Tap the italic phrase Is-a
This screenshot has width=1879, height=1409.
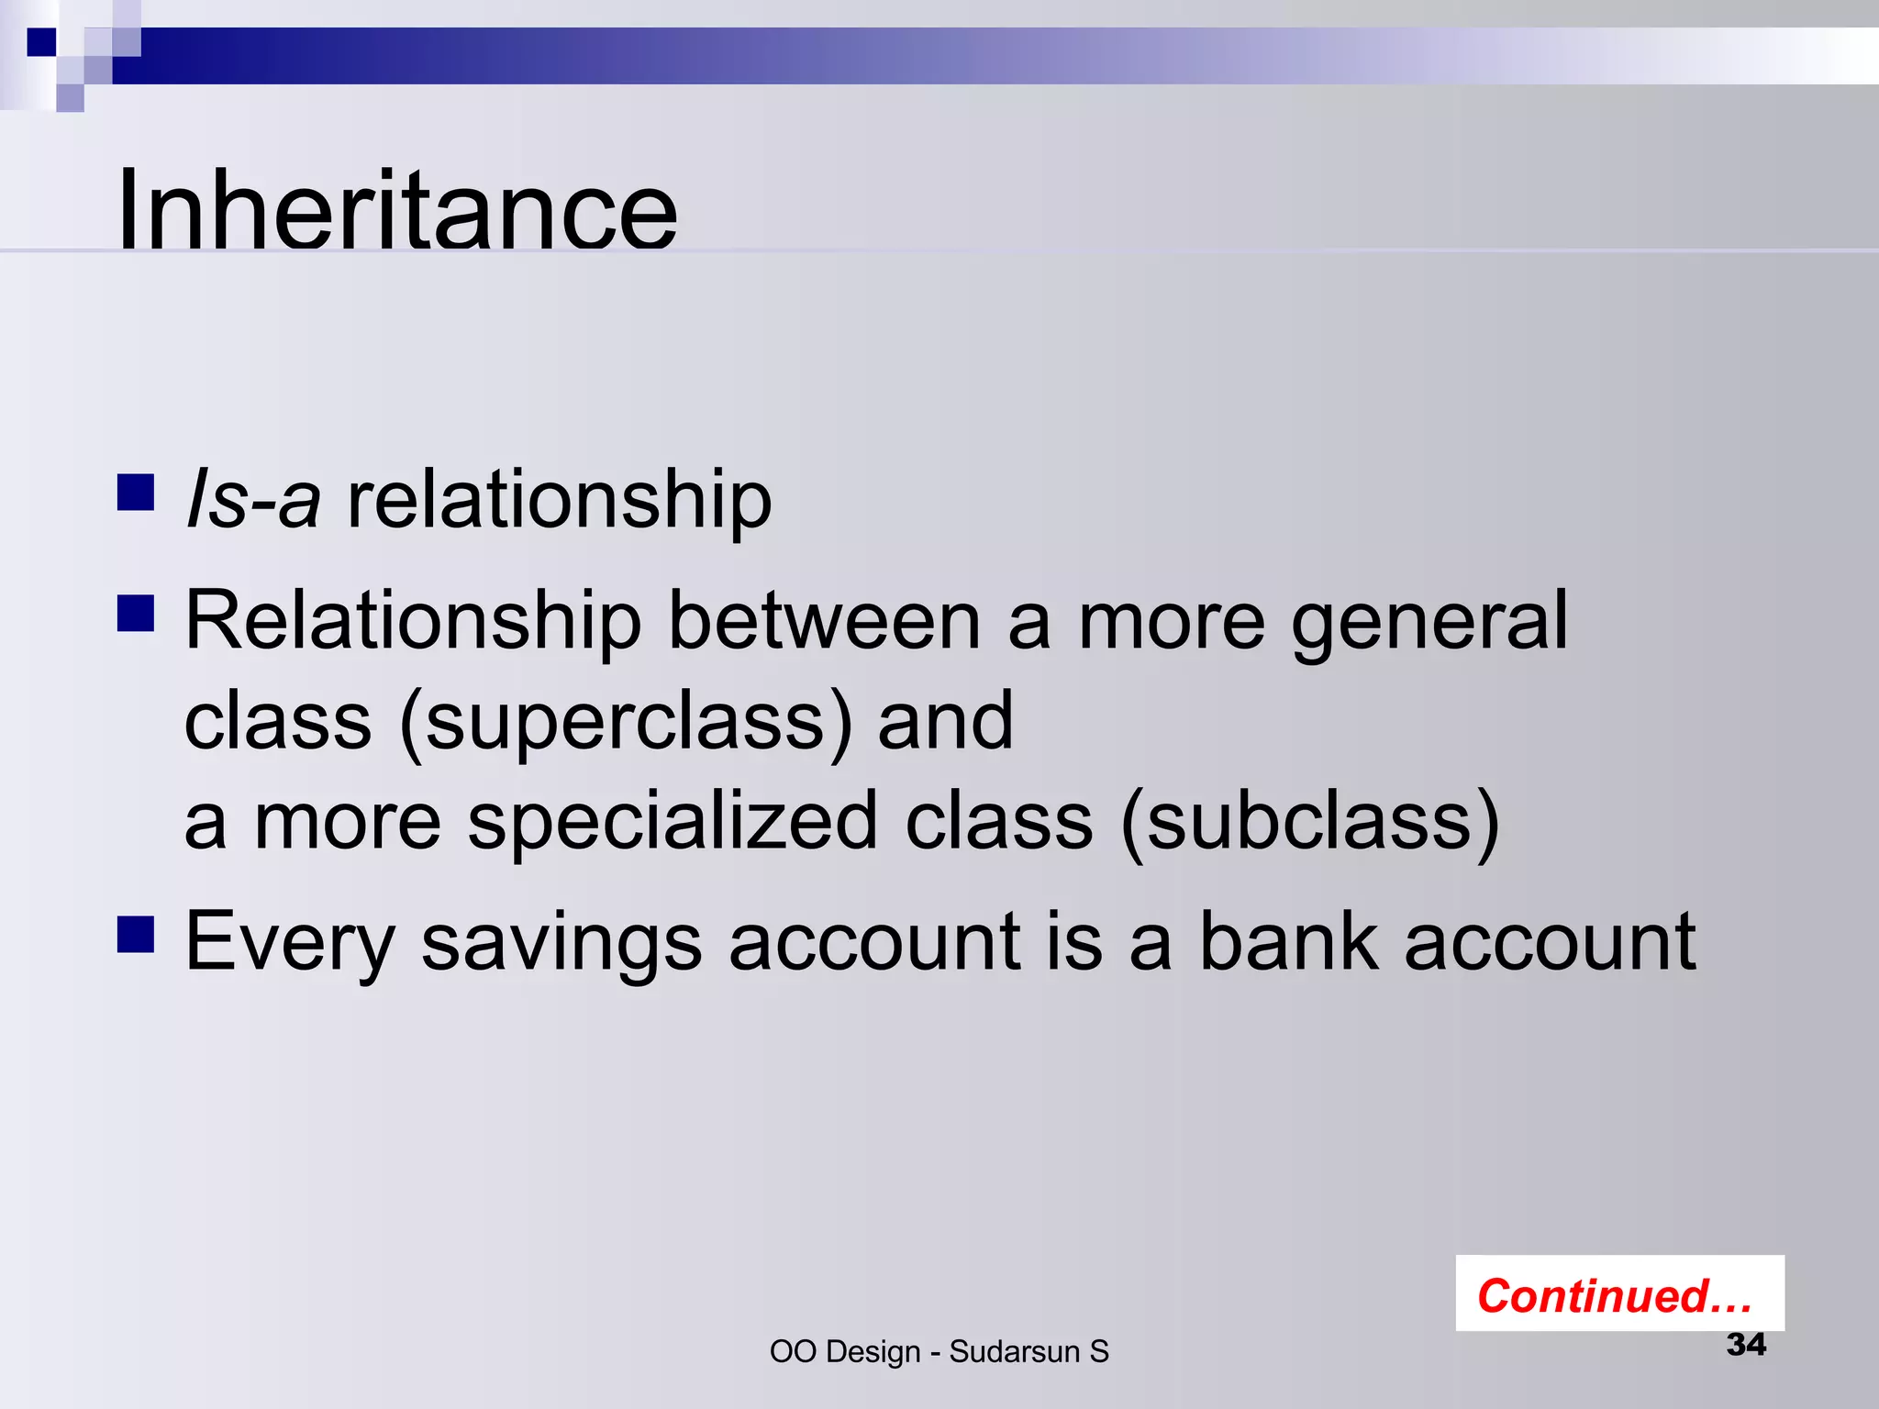coord(253,500)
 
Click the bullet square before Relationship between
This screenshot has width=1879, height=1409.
coord(136,614)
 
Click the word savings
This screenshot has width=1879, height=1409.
coord(561,943)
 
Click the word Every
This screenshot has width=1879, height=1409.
coord(290,943)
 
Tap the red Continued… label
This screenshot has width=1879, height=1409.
coord(1615,1295)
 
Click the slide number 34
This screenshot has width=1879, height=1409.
coord(1745,1345)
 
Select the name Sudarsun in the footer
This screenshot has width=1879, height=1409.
coord(1014,1352)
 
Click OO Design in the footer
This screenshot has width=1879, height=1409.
coord(844,1352)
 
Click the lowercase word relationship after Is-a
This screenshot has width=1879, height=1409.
coord(560,500)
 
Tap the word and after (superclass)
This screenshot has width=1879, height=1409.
coord(945,721)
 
